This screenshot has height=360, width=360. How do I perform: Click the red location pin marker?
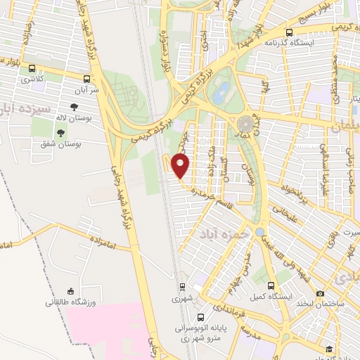click(181, 165)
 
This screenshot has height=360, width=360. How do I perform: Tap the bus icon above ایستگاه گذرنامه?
click(290, 32)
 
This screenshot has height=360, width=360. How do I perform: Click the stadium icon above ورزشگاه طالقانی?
click(70, 291)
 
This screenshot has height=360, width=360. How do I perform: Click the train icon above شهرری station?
click(182, 286)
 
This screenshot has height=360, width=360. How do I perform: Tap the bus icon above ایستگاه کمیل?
click(272, 285)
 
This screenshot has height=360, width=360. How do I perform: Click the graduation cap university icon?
click(329, 349)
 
